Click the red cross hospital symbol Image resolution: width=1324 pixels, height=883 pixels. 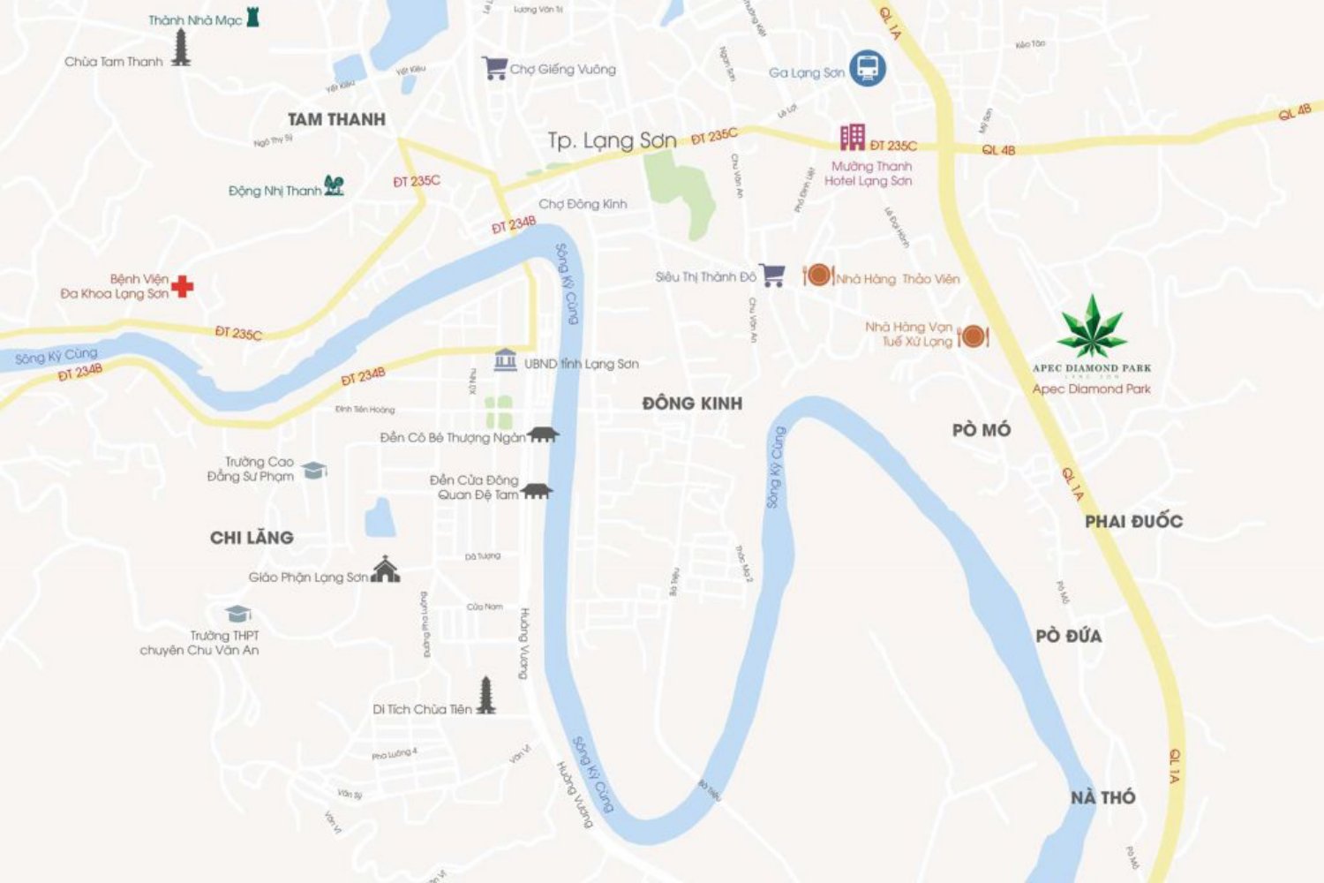point(183,285)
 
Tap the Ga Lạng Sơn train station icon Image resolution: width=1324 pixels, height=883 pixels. point(867,68)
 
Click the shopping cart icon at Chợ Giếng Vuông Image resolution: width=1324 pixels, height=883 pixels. point(494,68)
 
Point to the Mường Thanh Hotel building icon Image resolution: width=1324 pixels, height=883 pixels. point(852,137)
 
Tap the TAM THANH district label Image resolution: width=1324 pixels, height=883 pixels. point(336,119)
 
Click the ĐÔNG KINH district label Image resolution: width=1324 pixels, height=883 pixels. point(692,404)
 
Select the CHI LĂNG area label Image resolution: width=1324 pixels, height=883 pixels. point(252,538)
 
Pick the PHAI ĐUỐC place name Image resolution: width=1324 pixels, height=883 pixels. point(1133,521)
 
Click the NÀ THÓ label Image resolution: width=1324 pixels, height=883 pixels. point(1102,797)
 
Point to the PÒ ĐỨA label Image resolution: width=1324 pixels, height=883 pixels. point(1068,636)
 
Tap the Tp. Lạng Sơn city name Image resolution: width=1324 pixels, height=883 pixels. point(612,140)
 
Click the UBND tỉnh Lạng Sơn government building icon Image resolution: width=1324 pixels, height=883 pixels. point(505,359)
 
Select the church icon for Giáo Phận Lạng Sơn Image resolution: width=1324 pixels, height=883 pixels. point(385,570)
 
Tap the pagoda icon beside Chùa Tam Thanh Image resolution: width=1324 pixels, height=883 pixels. point(181,48)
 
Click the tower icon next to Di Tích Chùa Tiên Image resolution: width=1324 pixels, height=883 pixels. point(485,696)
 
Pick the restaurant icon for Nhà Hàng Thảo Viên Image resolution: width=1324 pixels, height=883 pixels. point(818,275)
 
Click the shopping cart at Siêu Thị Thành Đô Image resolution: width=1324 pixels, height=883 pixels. point(772,275)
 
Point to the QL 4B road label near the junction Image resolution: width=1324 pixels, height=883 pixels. point(998,150)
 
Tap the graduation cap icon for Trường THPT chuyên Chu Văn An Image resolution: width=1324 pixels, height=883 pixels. point(237,613)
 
